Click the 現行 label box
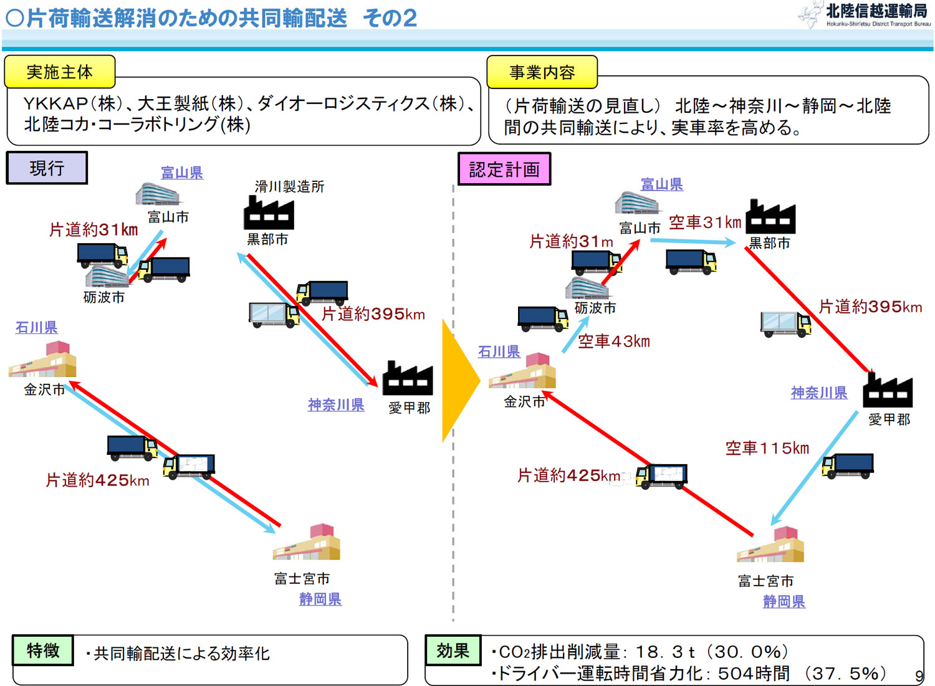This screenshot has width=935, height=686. coord(47,168)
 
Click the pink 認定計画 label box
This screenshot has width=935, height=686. coord(504,169)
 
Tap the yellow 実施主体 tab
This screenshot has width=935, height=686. coord(60,72)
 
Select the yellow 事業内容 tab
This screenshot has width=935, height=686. coord(542,72)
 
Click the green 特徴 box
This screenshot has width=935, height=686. coord(43,650)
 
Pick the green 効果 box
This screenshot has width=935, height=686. coord(453,650)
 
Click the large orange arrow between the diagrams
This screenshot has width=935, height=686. coord(459,380)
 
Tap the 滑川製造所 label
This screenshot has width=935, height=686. coord(289,186)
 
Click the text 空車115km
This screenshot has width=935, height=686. coord(767,448)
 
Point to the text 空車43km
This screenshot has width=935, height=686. coord(613,341)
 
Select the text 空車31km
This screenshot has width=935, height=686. coord(705,222)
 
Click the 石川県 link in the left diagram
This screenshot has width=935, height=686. coord(36,327)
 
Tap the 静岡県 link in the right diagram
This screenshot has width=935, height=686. coord(784,601)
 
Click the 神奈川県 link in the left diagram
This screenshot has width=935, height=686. coord(336,405)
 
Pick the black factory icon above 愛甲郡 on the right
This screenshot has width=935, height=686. coord(888,389)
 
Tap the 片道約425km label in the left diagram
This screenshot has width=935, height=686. coord(97,480)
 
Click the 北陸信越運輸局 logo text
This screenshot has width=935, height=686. coord(876,11)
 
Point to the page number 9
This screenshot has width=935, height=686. coord(919,676)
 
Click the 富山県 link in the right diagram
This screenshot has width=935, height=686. coord(661,184)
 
